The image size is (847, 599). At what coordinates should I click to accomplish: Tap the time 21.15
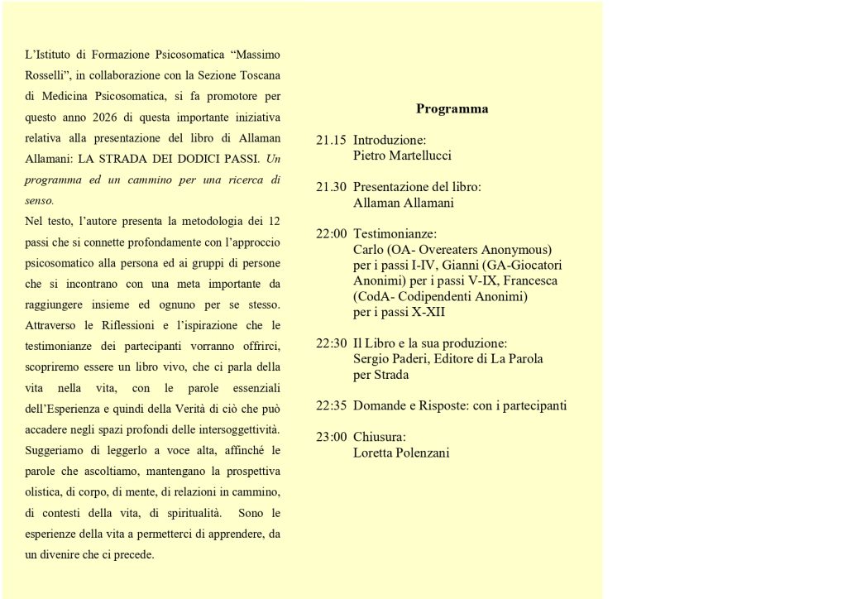tap(331, 140)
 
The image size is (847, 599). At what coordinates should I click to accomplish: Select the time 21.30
tap(331, 187)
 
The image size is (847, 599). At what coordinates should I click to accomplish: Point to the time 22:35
tap(331, 405)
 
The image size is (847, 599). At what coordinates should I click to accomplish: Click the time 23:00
tap(331, 437)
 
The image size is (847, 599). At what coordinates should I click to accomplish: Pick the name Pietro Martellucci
tap(402, 156)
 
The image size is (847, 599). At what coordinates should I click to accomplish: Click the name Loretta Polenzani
tap(401, 453)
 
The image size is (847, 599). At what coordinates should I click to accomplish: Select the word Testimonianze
tap(395, 234)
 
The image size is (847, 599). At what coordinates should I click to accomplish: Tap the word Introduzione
tap(389, 140)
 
